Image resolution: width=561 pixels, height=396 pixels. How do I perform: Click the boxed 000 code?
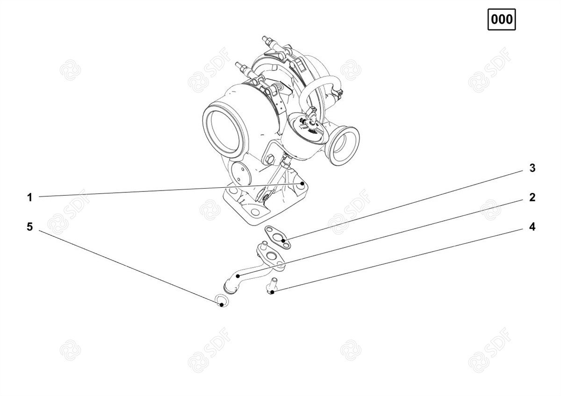(501, 20)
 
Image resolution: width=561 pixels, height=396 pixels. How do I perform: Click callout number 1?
(30, 198)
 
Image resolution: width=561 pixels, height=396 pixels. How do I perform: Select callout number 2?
(532, 198)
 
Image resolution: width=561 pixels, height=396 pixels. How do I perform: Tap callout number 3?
(532, 168)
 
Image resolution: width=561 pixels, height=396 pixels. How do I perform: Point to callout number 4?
(532, 226)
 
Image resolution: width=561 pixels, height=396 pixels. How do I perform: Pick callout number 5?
(30, 226)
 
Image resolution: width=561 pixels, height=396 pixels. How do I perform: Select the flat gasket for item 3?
(278, 237)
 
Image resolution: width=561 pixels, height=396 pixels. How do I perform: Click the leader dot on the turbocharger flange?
(302, 184)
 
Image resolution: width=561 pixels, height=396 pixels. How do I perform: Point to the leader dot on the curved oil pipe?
(237, 276)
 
